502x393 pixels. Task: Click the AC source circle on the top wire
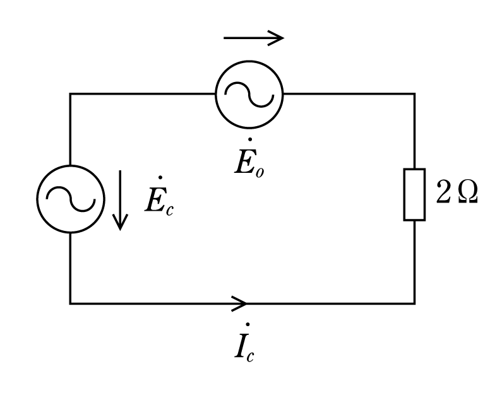216,95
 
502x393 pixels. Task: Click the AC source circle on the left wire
37,199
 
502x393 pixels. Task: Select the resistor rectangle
404,194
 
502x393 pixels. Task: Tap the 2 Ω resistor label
457,192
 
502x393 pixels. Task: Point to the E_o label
249,158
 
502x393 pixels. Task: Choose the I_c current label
244,343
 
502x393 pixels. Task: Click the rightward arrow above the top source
254,38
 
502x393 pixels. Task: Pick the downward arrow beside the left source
120,200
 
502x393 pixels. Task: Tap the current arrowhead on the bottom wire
239,303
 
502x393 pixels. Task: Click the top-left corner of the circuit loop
70,94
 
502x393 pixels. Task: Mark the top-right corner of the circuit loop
415,94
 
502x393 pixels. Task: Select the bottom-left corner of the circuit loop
70,303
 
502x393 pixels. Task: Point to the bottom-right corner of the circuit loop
415,303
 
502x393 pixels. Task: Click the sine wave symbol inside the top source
249,95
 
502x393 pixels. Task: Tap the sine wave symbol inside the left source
71,199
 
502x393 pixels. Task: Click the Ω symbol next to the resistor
468,193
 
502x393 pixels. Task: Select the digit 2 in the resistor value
443,191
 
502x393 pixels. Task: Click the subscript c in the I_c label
250,356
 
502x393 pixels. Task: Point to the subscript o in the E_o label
260,172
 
